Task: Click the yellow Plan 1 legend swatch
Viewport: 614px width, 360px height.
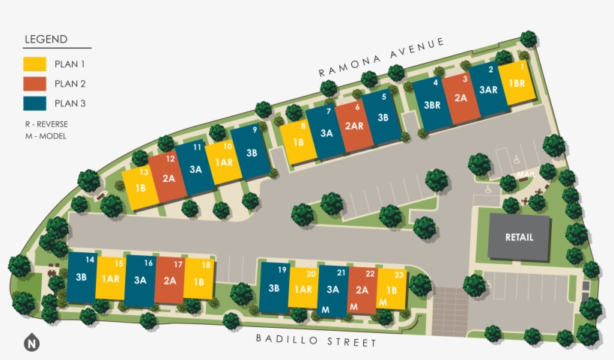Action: (x=35, y=64)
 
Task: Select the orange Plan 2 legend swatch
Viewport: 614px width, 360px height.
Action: (x=35, y=84)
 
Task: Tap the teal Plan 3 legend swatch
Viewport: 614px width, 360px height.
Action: (x=35, y=103)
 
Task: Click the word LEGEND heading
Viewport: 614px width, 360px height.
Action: (x=46, y=40)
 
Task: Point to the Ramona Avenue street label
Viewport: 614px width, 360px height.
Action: (x=381, y=57)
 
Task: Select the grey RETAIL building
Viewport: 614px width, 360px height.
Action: (x=519, y=237)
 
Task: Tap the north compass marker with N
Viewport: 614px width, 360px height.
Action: (x=31, y=344)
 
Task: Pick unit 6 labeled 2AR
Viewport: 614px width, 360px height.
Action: (x=354, y=124)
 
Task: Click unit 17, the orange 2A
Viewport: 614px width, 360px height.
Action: (x=169, y=281)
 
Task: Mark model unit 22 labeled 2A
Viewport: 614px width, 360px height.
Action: (x=362, y=291)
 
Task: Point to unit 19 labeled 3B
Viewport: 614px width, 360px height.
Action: (x=273, y=288)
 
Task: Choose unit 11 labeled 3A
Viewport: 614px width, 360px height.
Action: (x=195, y=168)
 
